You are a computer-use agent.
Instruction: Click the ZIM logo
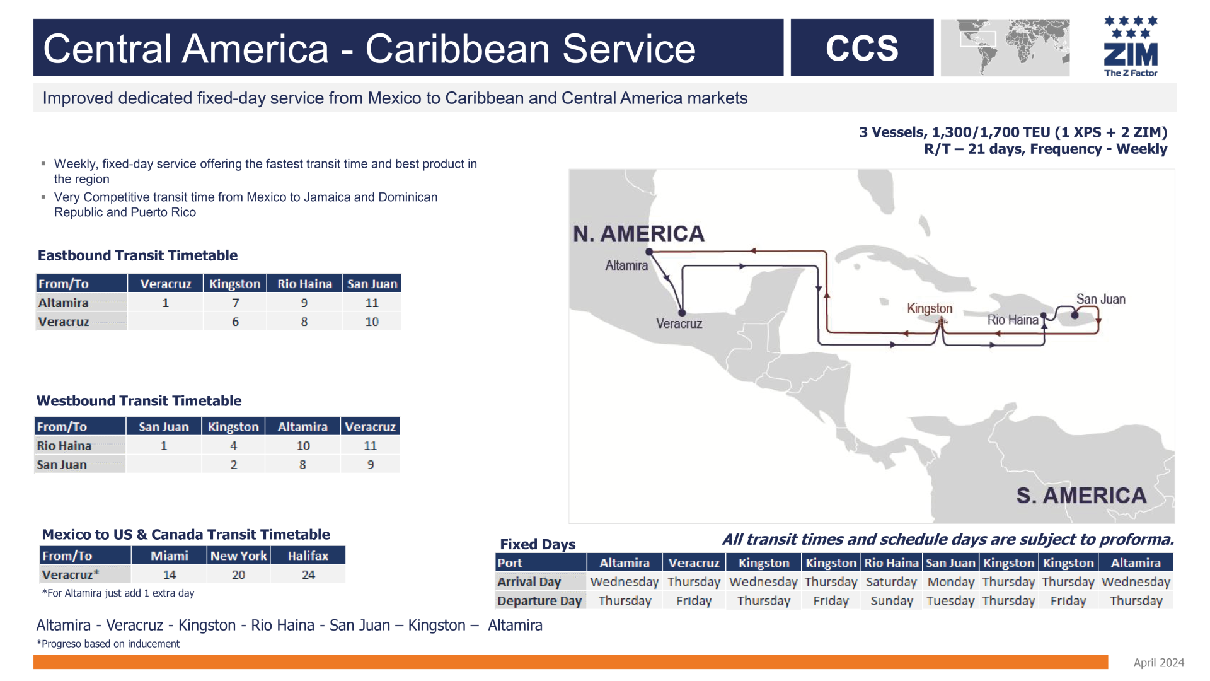coord(1131,46)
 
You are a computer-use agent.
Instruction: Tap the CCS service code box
coord(862,47)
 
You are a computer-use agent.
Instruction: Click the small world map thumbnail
coord(1005,47)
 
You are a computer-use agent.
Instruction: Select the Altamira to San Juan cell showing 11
coord(372,303)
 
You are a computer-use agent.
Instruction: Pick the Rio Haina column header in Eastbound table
coord(304,284)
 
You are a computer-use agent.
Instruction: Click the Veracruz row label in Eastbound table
coord(64,322)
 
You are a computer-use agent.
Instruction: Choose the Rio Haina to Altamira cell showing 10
coord(303,446)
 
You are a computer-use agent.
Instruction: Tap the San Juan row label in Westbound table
coord(62,465)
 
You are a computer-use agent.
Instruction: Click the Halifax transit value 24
coord(308,575)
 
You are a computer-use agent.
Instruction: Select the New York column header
coord(239,556)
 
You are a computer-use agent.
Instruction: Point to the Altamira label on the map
coord(626,265)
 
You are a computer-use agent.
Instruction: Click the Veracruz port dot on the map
coord(682,313)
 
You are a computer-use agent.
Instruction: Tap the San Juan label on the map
coord(1100,300)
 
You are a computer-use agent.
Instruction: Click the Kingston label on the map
coord(930,308)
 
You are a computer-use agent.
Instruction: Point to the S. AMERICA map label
coord(1081,496)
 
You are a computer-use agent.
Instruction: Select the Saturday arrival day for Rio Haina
coord(891,582)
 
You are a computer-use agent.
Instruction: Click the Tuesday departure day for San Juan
coord(950,601)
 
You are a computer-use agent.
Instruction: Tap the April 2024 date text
coord(1159,663)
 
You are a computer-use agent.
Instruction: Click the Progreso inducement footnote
coord(108,644)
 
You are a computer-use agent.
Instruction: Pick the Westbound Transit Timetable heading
coord(139,401)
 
